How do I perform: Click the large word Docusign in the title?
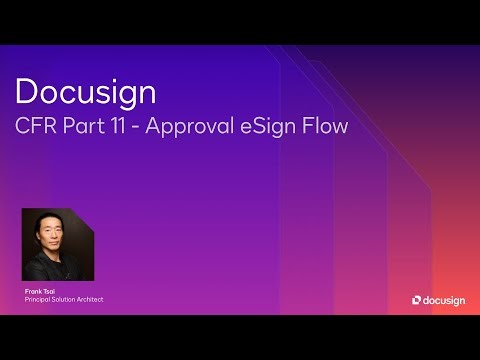86,93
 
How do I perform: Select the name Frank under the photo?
33,291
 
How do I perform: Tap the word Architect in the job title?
92,299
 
